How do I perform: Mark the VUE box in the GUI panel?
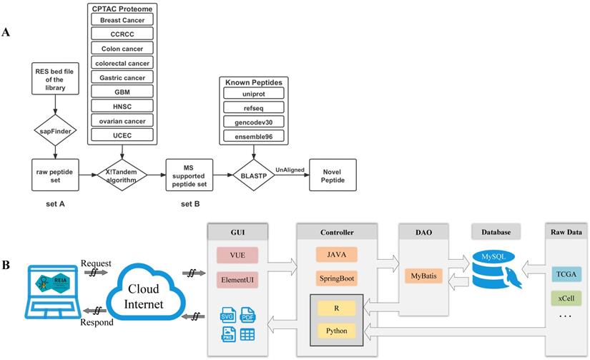coord(237,253)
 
